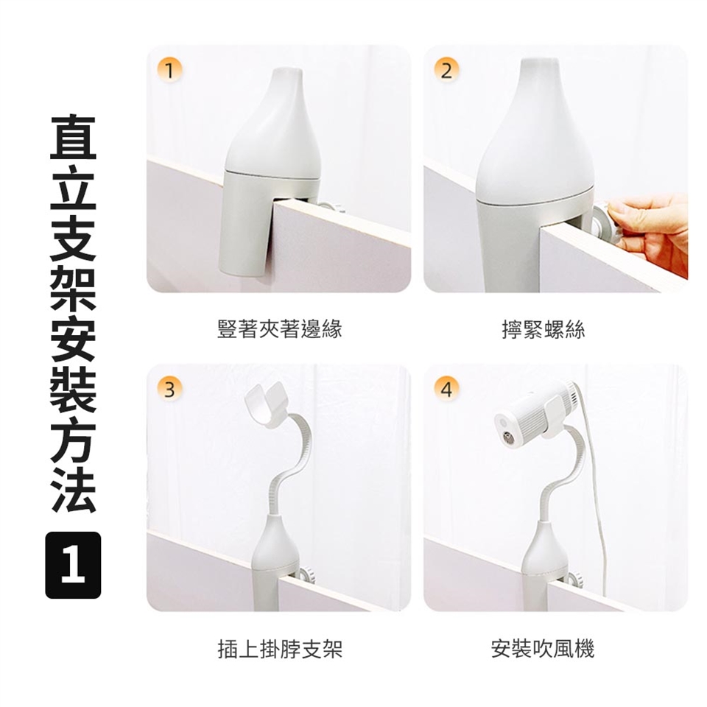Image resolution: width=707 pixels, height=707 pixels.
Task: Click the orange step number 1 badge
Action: [x=169, y=71]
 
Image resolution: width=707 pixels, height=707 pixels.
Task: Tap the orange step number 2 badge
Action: [x=446, y=71]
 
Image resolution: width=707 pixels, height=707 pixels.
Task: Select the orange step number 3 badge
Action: [x=169, y=389]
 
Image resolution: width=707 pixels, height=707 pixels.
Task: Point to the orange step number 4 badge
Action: [x=446, y=389]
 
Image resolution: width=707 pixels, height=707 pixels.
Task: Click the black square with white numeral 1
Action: [x=73, y=565]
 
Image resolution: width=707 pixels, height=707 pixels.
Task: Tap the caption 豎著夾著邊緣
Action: [x=280, y=328]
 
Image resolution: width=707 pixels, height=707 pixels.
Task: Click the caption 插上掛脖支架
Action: [x=280, y=648]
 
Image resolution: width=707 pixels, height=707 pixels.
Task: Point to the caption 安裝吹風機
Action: [x=543, y=648]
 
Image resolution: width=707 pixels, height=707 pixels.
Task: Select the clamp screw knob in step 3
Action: [x=306, y=574]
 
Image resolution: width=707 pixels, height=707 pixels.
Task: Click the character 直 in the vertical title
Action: [x=73, y=138]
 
